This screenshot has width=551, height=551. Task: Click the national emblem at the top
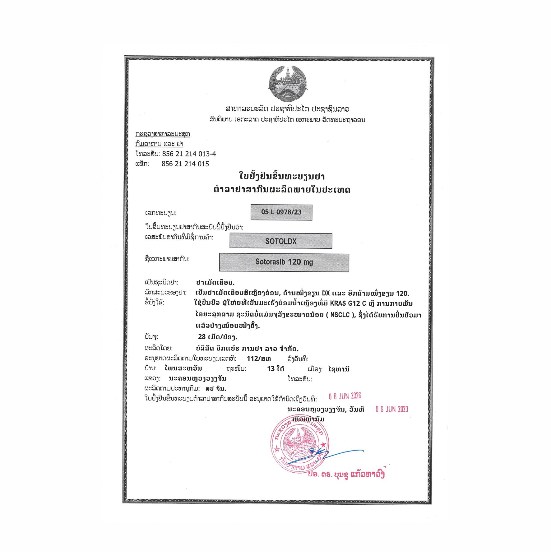point(288,83)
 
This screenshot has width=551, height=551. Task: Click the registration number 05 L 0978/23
point(281,212)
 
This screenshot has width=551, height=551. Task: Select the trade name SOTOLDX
point(281,241)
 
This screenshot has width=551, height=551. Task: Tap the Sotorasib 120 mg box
point(284,262)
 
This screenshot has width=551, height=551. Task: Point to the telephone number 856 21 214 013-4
point(189,154)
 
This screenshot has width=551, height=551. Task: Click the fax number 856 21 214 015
point(185,164)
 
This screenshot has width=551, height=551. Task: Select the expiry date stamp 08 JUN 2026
point(345,396)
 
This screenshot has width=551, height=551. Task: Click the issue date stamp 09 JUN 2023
point(391,409)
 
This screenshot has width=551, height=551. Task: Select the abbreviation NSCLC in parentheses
point(340,315)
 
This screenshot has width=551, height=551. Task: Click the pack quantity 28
point(202,337)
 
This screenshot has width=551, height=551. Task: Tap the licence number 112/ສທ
point(259,359)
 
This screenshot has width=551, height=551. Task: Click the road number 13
point(271,369)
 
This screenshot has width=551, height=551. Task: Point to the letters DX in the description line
point(326,293)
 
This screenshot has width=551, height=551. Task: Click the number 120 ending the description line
point(402,293)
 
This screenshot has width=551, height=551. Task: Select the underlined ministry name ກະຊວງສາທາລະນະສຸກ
point(163,134)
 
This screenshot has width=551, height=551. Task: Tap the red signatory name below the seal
point(346,475)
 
